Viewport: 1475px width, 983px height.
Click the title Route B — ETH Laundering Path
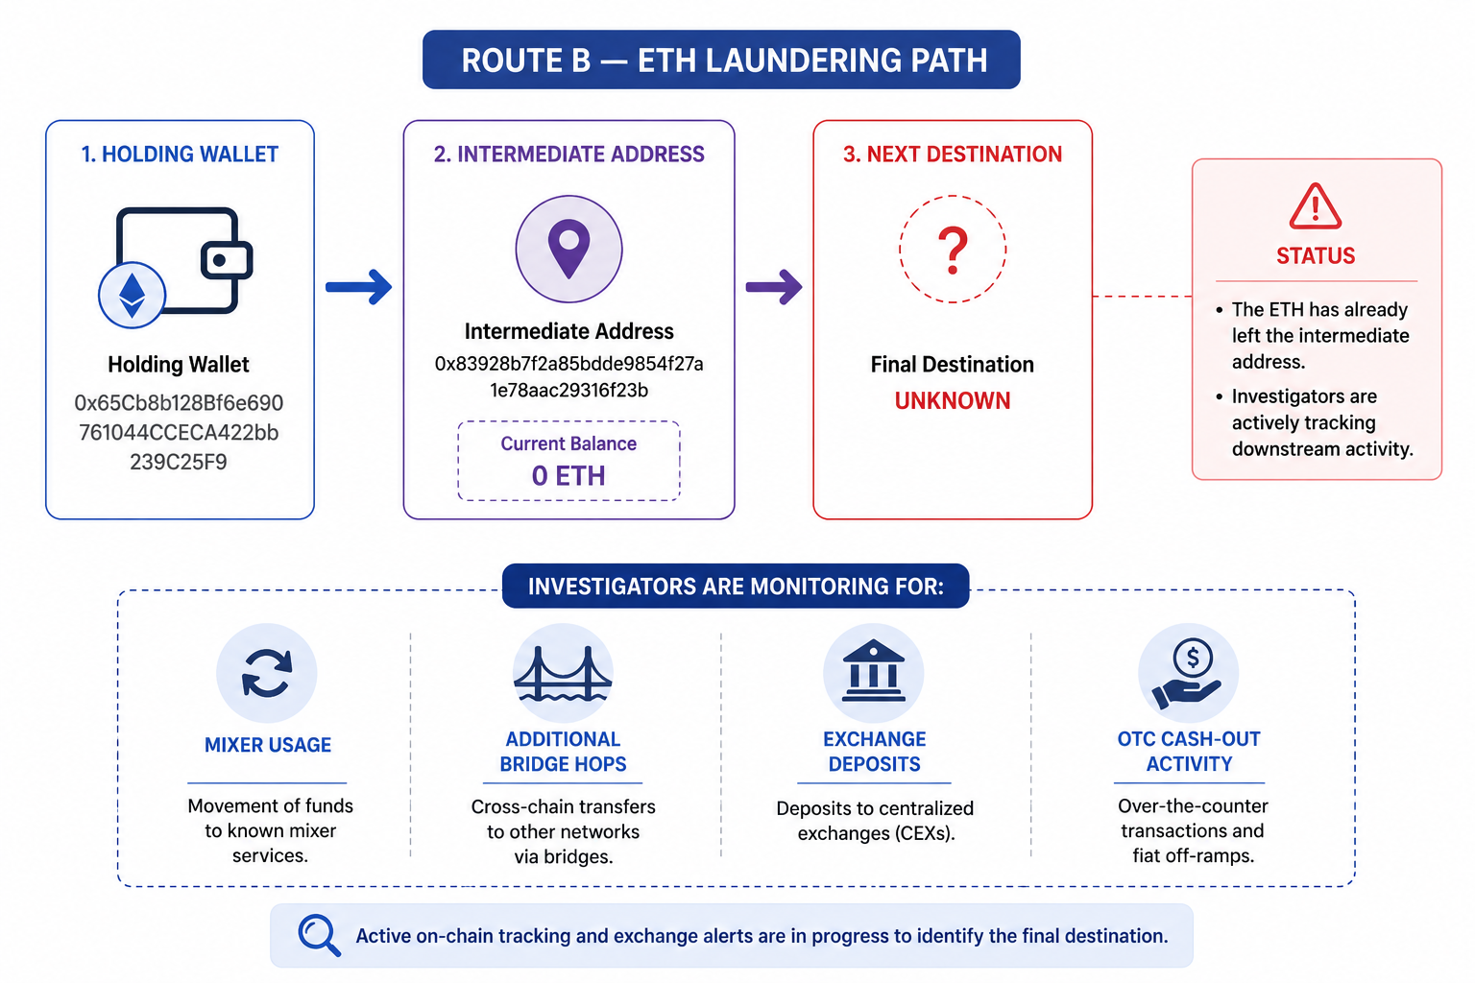tap(724, 60)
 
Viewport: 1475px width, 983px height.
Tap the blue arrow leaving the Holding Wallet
tap(359, 286)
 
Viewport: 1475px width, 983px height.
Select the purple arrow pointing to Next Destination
tap(774, 286)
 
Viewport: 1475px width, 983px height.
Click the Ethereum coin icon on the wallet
tap(132, 295)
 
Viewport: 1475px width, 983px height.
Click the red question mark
tap(953, 251)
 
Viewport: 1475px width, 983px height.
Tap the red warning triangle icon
tap(1315, 206)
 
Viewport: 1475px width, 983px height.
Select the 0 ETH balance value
tap(568, 475)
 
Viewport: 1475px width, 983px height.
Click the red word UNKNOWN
tap(953, 400)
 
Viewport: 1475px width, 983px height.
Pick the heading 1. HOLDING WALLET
tap(180, 154)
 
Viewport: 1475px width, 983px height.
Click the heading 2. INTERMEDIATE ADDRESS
tap(568, 154)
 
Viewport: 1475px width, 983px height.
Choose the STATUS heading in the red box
tap(1316, 255)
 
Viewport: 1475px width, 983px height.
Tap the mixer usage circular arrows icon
tap(267, 673)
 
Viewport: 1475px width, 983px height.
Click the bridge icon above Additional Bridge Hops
tap(563, 673)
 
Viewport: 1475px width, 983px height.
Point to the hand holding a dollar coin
tap(1187, 673)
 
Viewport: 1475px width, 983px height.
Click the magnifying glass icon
tap(320, 935)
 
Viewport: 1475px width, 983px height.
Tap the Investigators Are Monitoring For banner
tap(736, 586)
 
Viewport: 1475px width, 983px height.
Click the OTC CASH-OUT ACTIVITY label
tap(1189, 752)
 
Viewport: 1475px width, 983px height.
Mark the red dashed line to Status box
tap(1142, 297)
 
